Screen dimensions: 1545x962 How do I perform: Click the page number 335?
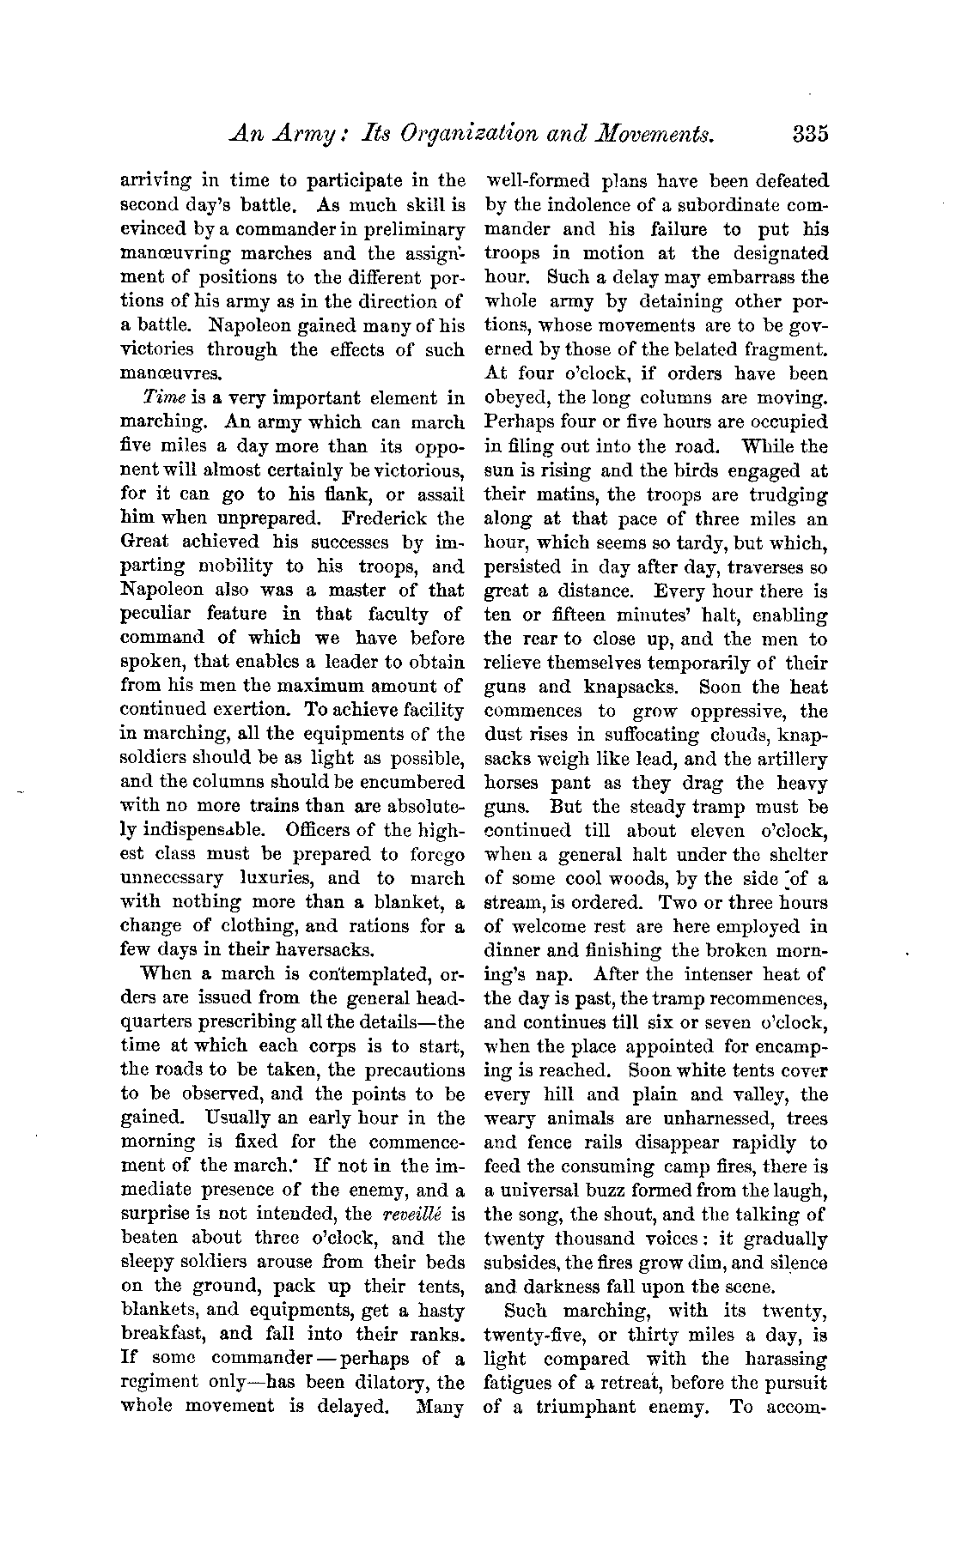click(x=810, y=135)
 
